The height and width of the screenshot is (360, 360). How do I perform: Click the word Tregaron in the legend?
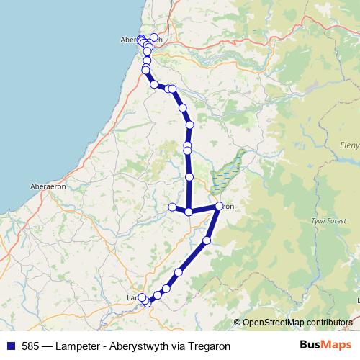[x=209, y=346]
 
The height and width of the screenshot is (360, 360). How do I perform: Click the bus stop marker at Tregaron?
[x=220, y=207]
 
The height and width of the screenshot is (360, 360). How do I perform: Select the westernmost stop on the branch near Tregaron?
[x=172, y=207]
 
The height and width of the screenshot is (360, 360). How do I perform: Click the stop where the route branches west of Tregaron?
[x=189, y=212]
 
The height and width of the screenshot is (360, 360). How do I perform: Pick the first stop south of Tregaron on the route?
[x=207, y=240]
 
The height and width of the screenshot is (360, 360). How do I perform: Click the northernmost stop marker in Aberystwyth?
[x=153, y=37]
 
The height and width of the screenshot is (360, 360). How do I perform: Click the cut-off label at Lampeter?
[x=132, y=297]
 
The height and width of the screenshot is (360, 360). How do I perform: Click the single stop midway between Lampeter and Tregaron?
[x=179, y=271]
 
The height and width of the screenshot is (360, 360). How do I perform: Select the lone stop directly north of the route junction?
[x=189, y=176]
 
